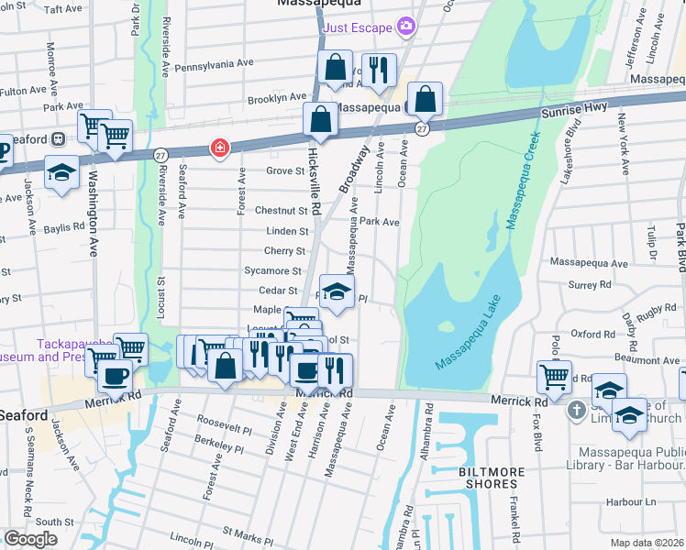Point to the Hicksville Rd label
pos(314,171)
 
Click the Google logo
pos(30,539)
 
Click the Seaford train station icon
pos(58,139)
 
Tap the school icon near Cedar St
pos(337,291)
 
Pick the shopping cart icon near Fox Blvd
pos(554,375)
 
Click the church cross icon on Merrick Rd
pos(575,409)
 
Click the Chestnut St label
pos(280,211)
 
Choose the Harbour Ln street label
pos(636,501)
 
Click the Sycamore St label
pos(273,271)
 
